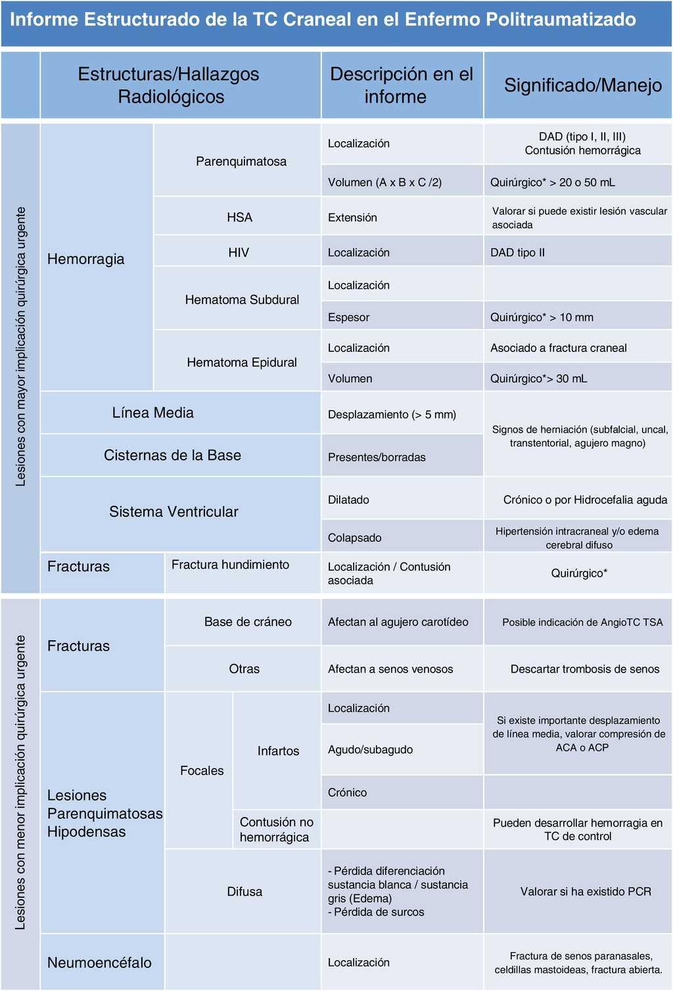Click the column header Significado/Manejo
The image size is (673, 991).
582,85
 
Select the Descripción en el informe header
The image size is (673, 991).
401,85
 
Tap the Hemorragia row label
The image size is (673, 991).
86,259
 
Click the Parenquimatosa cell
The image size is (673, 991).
241,162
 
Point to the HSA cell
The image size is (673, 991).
239,217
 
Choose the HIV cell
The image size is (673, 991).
239,253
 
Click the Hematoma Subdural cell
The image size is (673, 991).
242,300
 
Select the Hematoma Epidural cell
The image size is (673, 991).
242,363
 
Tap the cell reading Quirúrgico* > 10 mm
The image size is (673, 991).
542,317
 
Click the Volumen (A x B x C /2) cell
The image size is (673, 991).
384,183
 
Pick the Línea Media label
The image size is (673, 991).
152,413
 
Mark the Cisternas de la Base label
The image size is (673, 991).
172,455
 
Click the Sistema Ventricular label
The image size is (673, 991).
174,512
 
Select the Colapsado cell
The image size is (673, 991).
355,538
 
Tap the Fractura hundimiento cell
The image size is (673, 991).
230,565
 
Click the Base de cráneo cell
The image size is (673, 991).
248,622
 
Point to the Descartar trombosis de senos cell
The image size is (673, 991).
584,669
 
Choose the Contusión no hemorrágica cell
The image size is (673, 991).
276,829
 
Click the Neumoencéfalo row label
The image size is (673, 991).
99,963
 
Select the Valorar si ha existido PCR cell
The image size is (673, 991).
586,892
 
